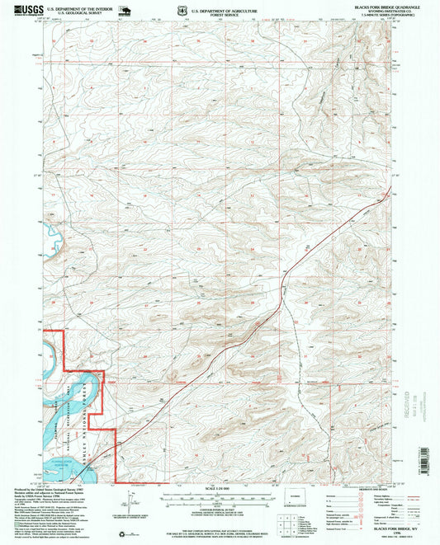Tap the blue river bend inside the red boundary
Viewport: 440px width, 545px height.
click(83, 388)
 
